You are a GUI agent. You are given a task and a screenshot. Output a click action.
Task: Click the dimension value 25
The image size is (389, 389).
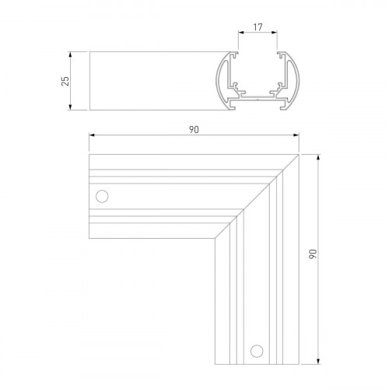click(66, 81)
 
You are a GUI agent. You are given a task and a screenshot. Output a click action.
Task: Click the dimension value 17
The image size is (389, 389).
click(258, 28)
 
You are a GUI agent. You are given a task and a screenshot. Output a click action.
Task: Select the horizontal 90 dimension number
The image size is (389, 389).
click(194, 129)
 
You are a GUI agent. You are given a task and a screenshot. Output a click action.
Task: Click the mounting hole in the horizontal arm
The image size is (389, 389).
click(101, 194)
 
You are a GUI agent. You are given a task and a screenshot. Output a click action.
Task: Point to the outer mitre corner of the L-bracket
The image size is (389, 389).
click(300, 155)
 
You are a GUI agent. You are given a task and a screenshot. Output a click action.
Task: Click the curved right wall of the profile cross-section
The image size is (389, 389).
click(296, 82)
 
